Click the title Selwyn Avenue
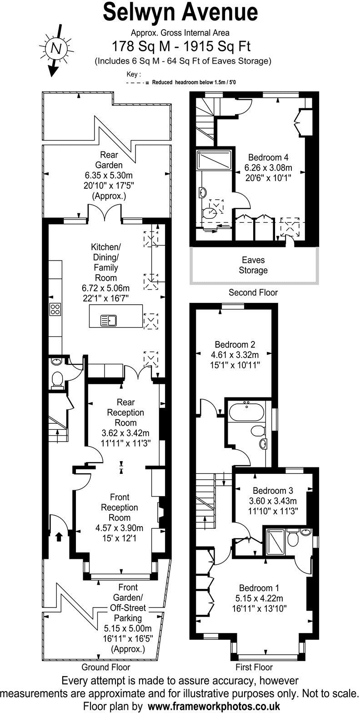pos(180,13)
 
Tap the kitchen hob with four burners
pos(55,309)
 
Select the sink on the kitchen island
pos(109,321)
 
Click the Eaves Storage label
pos(253,266)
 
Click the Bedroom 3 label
pos(273,491)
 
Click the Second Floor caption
pos(253,292)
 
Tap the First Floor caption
pos(254,668)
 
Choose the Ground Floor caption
pos(105,668)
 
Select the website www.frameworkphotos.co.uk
pos(214,706)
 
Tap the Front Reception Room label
pos(120,507)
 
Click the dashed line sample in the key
pos(136,83)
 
